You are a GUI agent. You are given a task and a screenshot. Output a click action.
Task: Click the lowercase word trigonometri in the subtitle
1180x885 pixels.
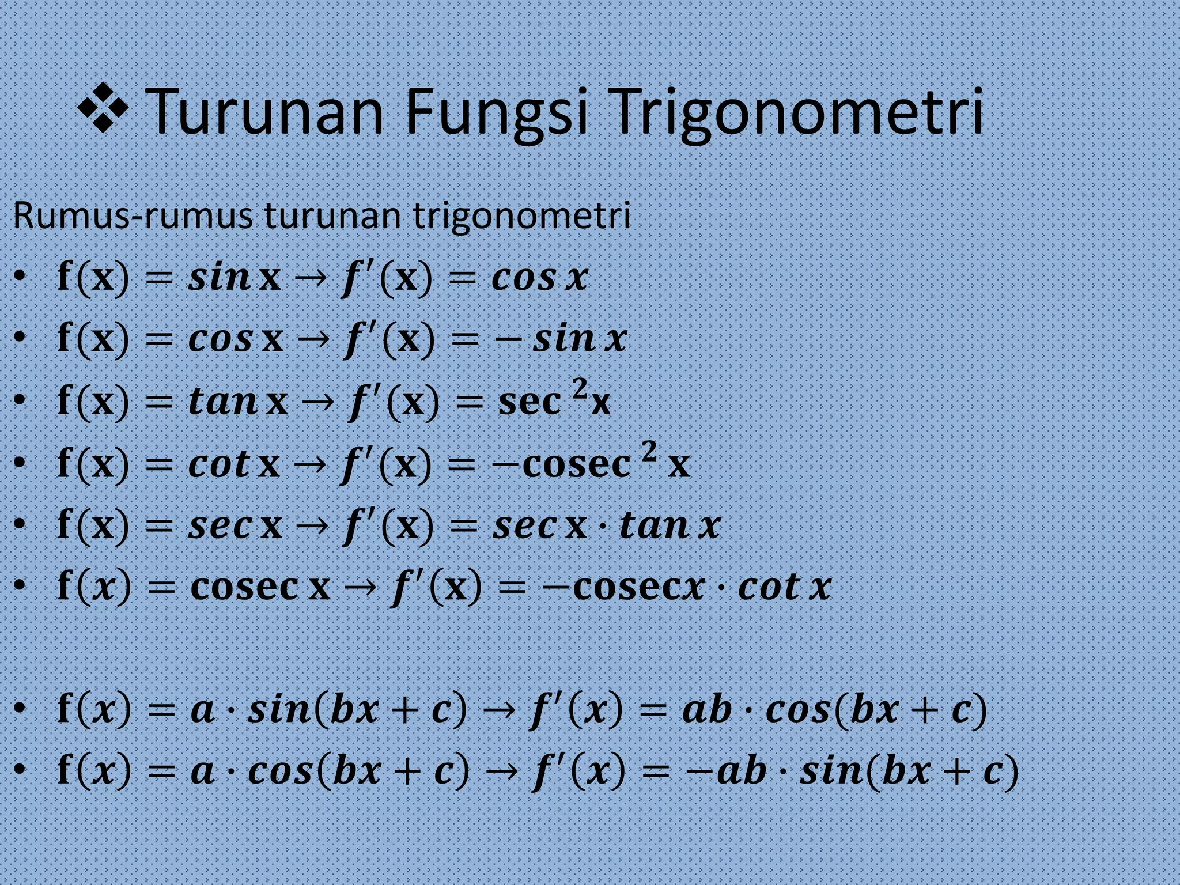(x=521, y=217)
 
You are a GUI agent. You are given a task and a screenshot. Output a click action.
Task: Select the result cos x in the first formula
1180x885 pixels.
(x=539, y=278)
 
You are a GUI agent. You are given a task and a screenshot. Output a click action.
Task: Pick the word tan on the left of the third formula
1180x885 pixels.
(x=222, y=401)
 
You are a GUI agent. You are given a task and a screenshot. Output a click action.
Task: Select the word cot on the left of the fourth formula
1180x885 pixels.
(x=219, y=463)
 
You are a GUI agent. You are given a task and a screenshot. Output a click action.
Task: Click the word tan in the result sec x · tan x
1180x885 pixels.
(x=654, y=525)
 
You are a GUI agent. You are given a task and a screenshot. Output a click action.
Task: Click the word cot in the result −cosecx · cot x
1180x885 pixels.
(x=769, y=588)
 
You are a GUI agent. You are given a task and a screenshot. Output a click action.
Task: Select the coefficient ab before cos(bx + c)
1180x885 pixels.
(x=706, y=709)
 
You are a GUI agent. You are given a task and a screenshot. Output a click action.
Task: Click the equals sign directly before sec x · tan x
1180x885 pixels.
(x=463, y=526)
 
